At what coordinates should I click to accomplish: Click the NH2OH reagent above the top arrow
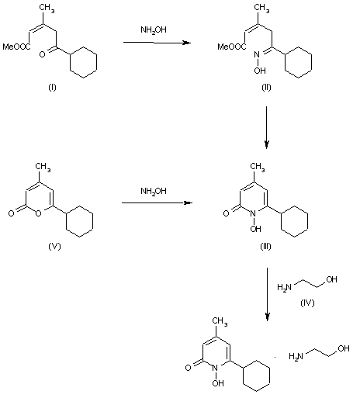151,30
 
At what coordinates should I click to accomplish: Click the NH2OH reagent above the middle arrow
151,190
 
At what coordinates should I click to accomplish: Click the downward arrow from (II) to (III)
267,128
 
